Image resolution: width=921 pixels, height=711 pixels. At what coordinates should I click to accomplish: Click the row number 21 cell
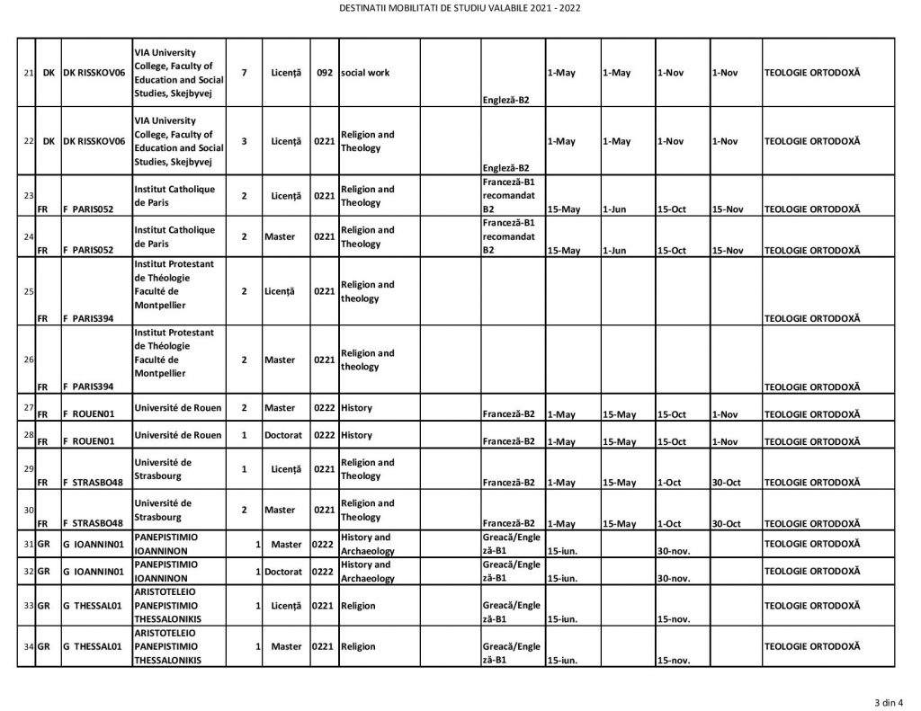(28, 73)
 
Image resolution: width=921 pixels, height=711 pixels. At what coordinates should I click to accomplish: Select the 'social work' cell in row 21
(365, 73)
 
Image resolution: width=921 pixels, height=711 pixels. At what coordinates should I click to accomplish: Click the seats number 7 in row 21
(244, 73)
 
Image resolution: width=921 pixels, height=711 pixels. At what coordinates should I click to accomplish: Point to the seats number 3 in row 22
(244, 141)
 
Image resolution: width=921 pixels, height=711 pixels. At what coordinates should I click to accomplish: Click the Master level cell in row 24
(280, 236)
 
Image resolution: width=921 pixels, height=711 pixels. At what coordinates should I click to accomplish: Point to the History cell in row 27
(356, 408)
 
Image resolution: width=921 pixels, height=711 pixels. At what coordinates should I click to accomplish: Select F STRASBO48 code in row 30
(93, 523)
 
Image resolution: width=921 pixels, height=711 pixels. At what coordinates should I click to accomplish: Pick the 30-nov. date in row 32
(674, 579)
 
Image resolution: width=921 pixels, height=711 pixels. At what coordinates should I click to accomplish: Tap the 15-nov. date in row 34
(674, 661)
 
